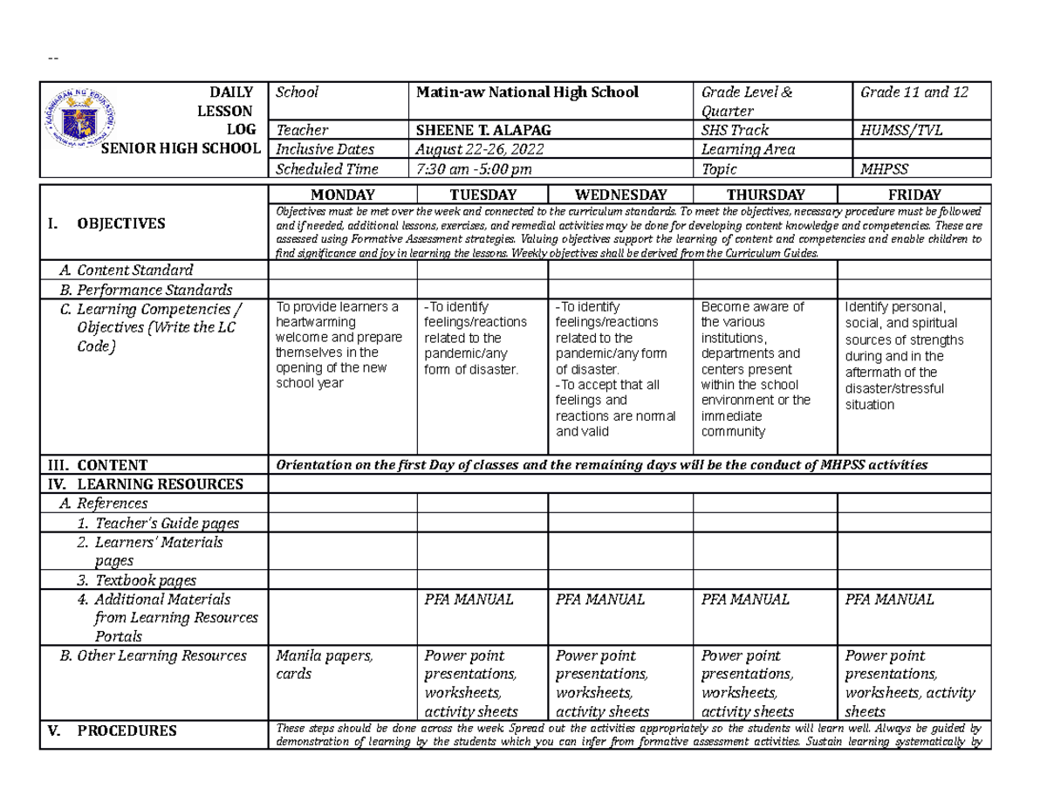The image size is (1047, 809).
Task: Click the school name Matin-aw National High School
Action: point(527,92)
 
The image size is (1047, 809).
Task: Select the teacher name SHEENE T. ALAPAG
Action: point(483,130)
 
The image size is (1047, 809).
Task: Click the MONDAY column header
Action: point(342,195)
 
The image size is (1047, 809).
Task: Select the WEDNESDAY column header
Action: point(619,195)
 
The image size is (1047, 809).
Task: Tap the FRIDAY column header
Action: point(914,195)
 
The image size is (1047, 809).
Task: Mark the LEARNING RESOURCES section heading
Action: point(158,483)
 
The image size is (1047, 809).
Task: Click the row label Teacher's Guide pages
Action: point(167,523)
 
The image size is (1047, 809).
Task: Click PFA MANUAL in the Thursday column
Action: point(746,600)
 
